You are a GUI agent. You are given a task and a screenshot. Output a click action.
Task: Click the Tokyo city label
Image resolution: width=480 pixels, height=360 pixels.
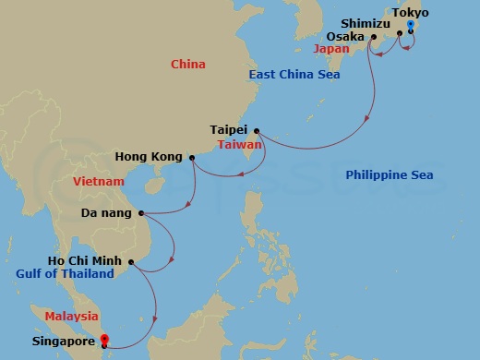tap(411, 12)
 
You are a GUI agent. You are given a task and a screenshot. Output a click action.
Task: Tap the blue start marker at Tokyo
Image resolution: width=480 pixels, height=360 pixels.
tap(410, 25)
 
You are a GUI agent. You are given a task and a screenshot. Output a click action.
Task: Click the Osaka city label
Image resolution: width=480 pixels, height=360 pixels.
tap(345, 37)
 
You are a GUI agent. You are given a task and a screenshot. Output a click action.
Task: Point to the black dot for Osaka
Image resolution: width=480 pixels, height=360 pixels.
tap(373, 37)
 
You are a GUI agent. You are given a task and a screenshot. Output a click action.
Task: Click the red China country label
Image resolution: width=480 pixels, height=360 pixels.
tap(188, 64)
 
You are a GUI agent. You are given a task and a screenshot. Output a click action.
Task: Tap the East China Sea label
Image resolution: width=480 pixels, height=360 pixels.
tap(294, 74)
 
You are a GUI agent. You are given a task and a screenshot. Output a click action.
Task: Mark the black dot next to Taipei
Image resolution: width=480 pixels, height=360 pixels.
tap(257, 130)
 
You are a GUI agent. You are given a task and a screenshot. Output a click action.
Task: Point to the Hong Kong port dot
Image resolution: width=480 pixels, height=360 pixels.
tap(192, 158)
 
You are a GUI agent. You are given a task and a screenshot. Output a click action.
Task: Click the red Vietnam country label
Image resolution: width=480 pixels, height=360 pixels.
tap(98, 182)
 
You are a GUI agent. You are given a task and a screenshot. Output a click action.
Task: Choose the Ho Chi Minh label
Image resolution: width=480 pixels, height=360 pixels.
tap(90, 261)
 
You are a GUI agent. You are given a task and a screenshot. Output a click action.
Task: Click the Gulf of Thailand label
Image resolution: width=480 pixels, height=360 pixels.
tap(65, 274)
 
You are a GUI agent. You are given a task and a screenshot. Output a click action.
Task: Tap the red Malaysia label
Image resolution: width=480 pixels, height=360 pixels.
tap(71, 316)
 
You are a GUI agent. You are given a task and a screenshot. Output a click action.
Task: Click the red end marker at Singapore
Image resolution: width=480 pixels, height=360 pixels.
tap(104, 341)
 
